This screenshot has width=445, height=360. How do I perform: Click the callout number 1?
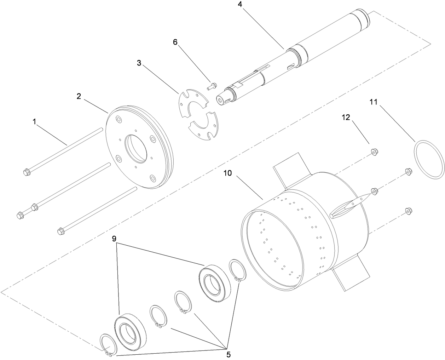click(x=35, y=122)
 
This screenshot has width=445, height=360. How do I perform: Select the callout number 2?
click(x=79, y=96)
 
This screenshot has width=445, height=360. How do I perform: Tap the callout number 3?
click(x=139, y=63)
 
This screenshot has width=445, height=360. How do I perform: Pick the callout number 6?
click(x=175, y=42)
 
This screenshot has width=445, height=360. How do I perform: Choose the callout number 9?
click(x=114, y=239)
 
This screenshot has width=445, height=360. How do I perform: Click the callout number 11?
click(x=374, y=102)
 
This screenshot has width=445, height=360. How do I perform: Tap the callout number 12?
click(x=346, y=118)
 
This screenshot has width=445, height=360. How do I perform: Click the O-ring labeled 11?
click(x=428, y=159)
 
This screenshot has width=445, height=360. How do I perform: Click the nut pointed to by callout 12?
click(x=373, y=152)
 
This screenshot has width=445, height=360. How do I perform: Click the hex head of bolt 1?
click(x=25, y=173)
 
